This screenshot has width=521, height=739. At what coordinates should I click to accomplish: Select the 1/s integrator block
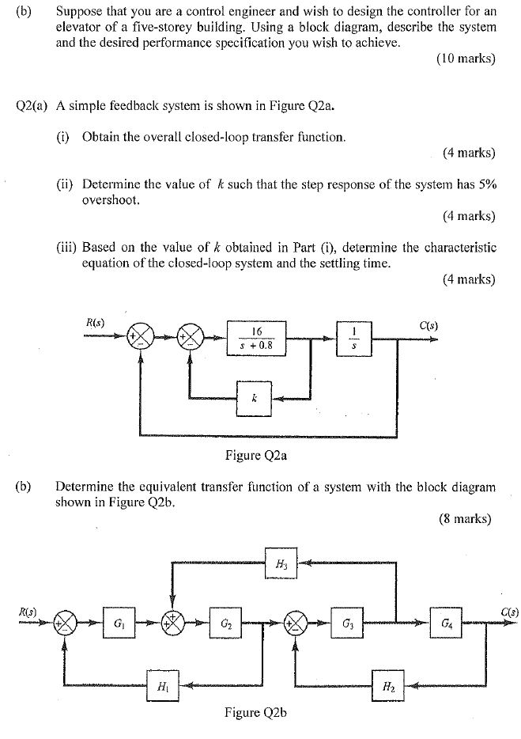click(354, 336)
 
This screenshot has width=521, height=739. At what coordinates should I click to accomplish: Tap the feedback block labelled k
click(254, 399)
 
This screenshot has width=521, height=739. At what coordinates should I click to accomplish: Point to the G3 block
click(347, 623)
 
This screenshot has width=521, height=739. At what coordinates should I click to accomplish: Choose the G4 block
click(447, 623)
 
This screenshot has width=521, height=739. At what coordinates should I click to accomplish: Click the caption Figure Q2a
click(254, 455)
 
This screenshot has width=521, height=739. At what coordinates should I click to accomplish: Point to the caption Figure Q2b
click(255, 713)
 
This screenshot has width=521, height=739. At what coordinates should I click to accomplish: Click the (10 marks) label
click(465, 59)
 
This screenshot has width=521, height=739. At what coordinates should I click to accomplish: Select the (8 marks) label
click(465, 519)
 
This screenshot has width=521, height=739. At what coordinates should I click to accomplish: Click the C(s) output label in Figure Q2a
click(429, 324)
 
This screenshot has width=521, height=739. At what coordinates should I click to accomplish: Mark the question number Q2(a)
click(32, 106)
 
